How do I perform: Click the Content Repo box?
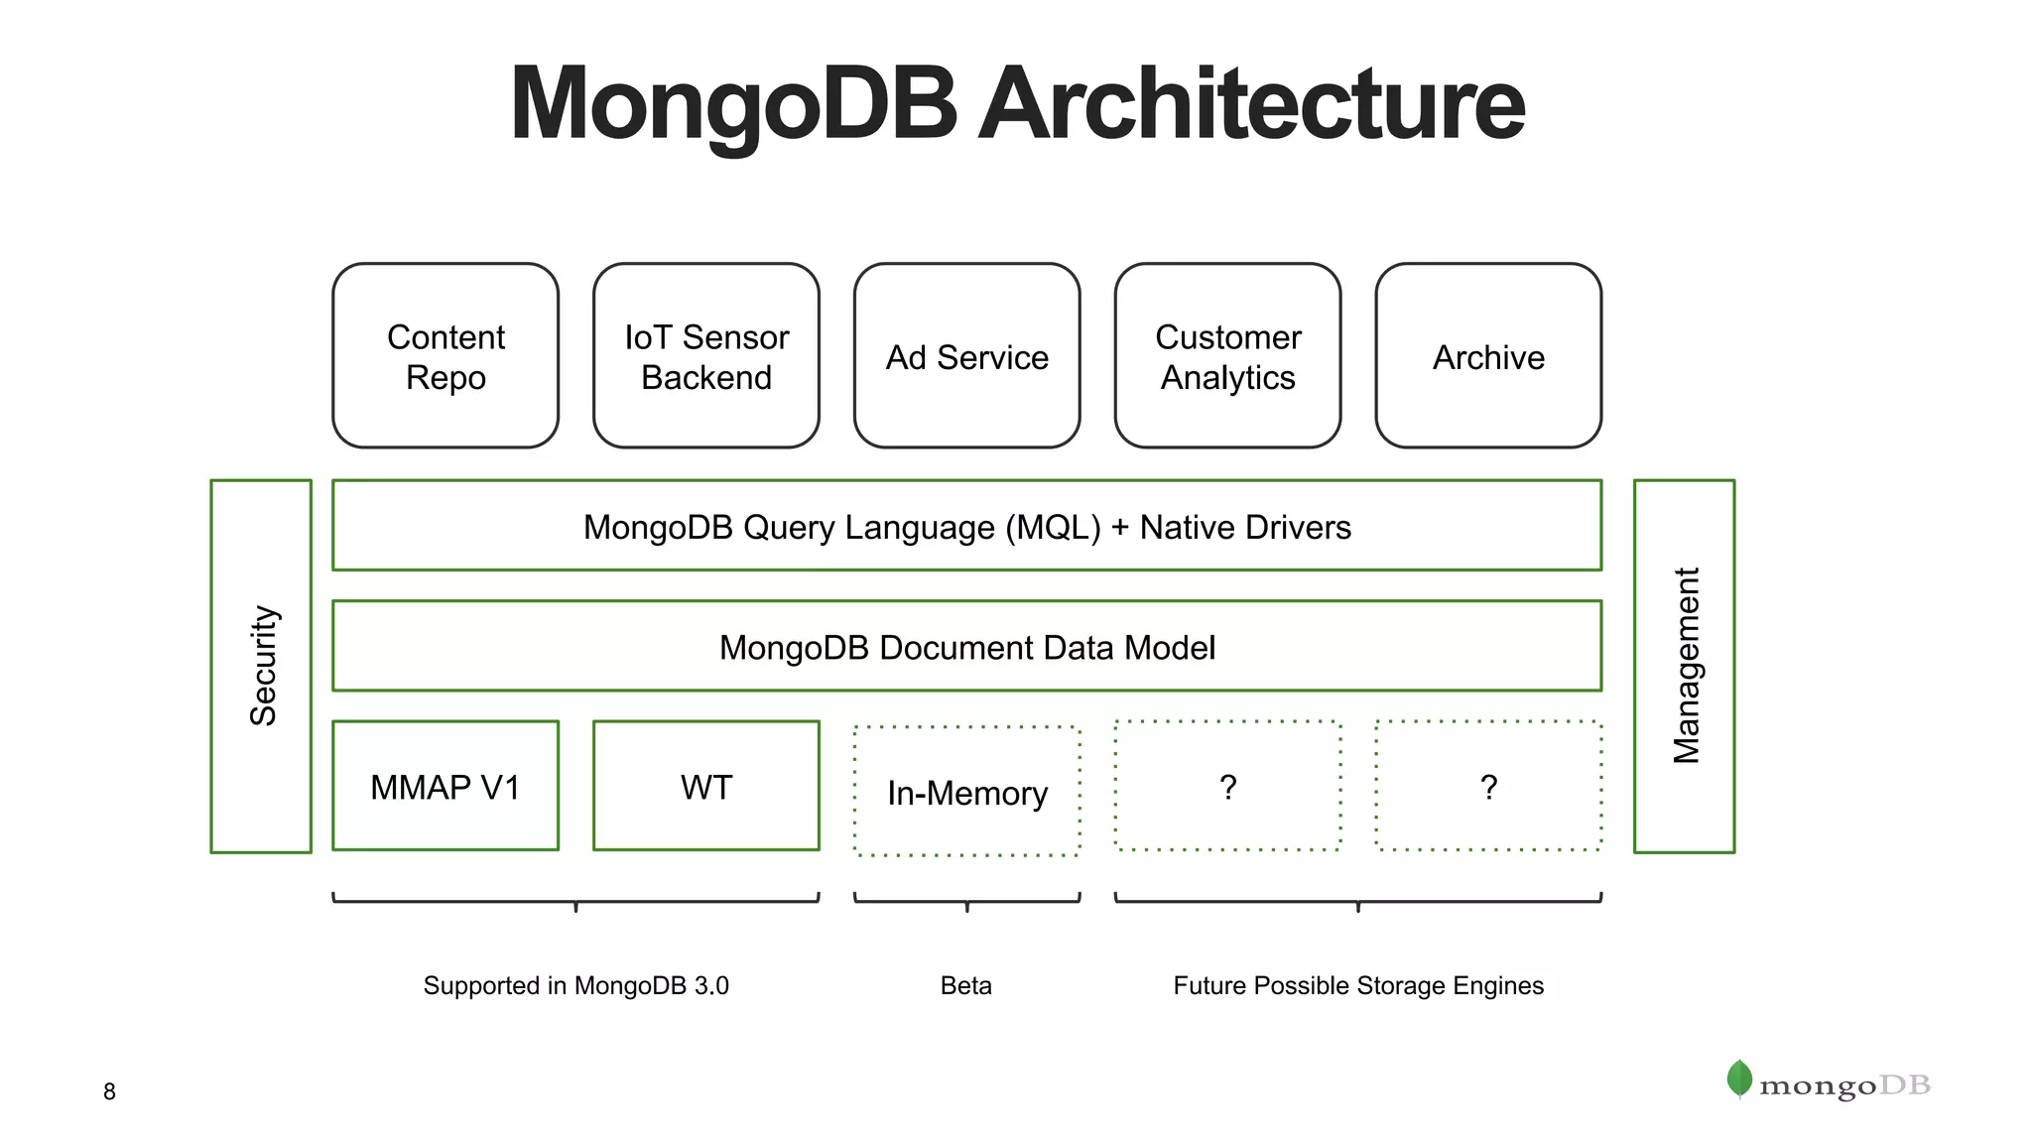[x=445, y=356]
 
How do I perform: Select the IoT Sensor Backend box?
[x=706, y=356]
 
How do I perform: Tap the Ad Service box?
[x=966, y=356]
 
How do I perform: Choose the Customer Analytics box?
[x=1227, y=356]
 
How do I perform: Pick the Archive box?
[x=1488, y=356]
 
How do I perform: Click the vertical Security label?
[x=263, y=666]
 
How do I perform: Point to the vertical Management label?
[x=1686, y=666]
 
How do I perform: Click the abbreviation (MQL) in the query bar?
[x=1053, y=527]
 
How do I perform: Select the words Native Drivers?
[x=1245, y=527]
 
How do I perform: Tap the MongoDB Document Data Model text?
[x=966, y=648]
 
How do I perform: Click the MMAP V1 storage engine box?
[x=445, y=787]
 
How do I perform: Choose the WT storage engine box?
[x=706, y=787]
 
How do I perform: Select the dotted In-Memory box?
[x=966, y=793]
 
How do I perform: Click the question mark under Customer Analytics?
[x=1227, y=787]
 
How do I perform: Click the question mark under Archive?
[x=1488, y=787]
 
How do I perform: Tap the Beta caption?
[x=965, y=985]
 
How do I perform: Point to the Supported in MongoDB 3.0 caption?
[x=575, y=985]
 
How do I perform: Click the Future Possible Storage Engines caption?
[x=1358, y=985]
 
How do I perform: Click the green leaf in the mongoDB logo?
[x=1739, y=1079]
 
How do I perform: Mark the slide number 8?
[x=109, y=1091]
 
